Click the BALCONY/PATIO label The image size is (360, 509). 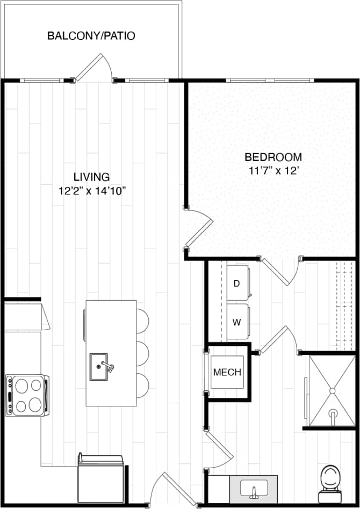tap(91, 37)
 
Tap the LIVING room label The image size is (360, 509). tap(91, 177)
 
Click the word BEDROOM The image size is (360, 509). tap(273, 157)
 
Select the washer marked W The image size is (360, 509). tap(236, 322)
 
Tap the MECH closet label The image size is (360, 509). tap(227, 372)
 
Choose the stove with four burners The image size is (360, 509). tap(27, 396)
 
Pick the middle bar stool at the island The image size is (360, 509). tap(142, 353)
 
